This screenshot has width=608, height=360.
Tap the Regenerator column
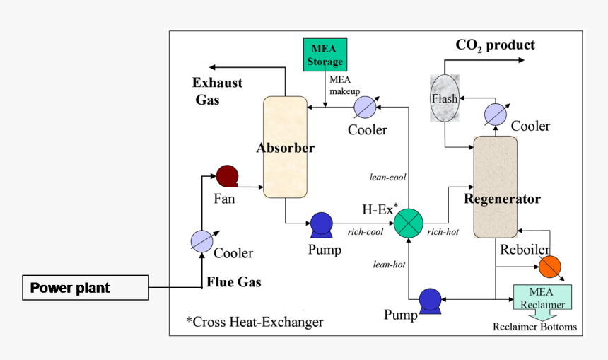coord(495,187)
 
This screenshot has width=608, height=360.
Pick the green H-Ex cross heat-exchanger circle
coord(408,222)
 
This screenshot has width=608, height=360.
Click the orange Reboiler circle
coord(549,267)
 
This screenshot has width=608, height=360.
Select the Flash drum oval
coord(445,98)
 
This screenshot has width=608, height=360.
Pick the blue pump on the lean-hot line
coord(430,300)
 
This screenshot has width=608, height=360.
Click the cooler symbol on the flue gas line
coord(201,240)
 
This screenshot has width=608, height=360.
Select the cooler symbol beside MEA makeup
coord(364,108)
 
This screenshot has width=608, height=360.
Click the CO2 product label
coord(495,45)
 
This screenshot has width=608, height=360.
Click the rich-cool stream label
coord(366,231)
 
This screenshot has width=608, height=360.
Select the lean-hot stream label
coord(389,264)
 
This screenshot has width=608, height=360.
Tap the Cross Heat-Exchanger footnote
coord(255,322)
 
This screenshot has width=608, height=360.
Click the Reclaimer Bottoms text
coord(534,327)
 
